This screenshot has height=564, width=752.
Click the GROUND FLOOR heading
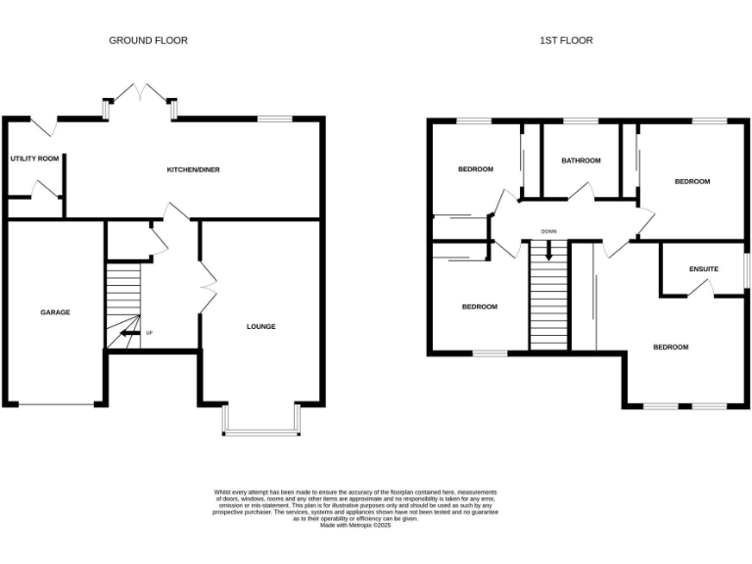148,40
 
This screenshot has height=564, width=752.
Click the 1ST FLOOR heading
566,40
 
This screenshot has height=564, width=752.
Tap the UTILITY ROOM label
35,159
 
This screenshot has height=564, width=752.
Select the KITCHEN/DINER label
193,169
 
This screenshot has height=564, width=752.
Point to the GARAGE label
55,312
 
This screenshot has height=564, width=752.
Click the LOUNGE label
260,326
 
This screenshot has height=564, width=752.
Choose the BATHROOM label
581,161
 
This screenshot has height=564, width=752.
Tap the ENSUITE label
703,268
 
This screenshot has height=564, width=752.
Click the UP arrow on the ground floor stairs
127,333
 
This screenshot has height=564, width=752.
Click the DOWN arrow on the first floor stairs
548,250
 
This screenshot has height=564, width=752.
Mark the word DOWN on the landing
548,232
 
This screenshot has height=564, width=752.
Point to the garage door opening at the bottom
56,402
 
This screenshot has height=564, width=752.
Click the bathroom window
581,120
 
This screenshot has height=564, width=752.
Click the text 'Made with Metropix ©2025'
355,526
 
